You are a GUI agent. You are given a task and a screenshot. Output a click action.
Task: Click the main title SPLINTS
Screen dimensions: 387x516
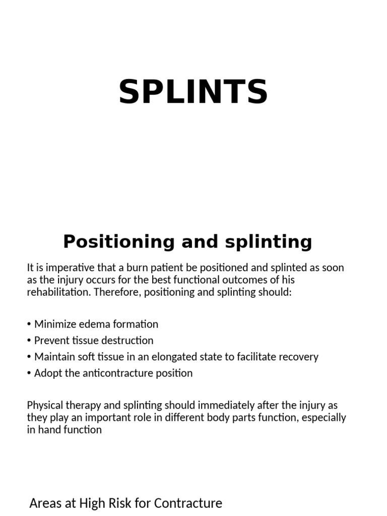pos(193,92)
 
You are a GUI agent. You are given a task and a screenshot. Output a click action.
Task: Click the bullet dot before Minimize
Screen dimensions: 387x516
pos(29,325)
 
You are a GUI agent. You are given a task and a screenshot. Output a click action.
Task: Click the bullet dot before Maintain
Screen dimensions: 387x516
pos(29,357)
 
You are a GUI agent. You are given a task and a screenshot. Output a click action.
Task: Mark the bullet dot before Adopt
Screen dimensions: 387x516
pos(29,373)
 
